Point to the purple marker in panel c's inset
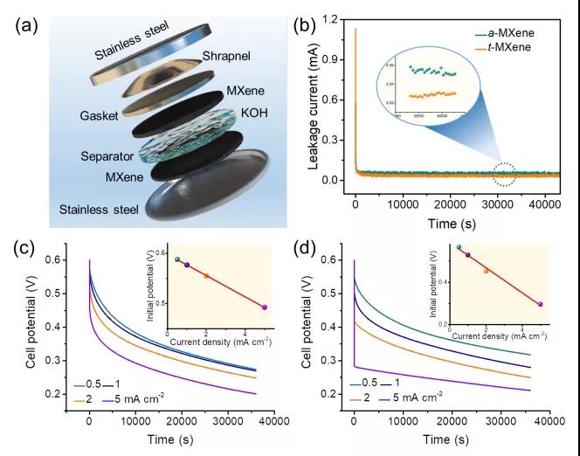pyautogui.click(x=264, y=307)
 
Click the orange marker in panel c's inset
pyautogui.click(x=207, y=276)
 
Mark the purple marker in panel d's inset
pyautogui.click(x=540, y=304)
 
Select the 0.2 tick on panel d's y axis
pyautogui.click(x=333, y=394)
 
